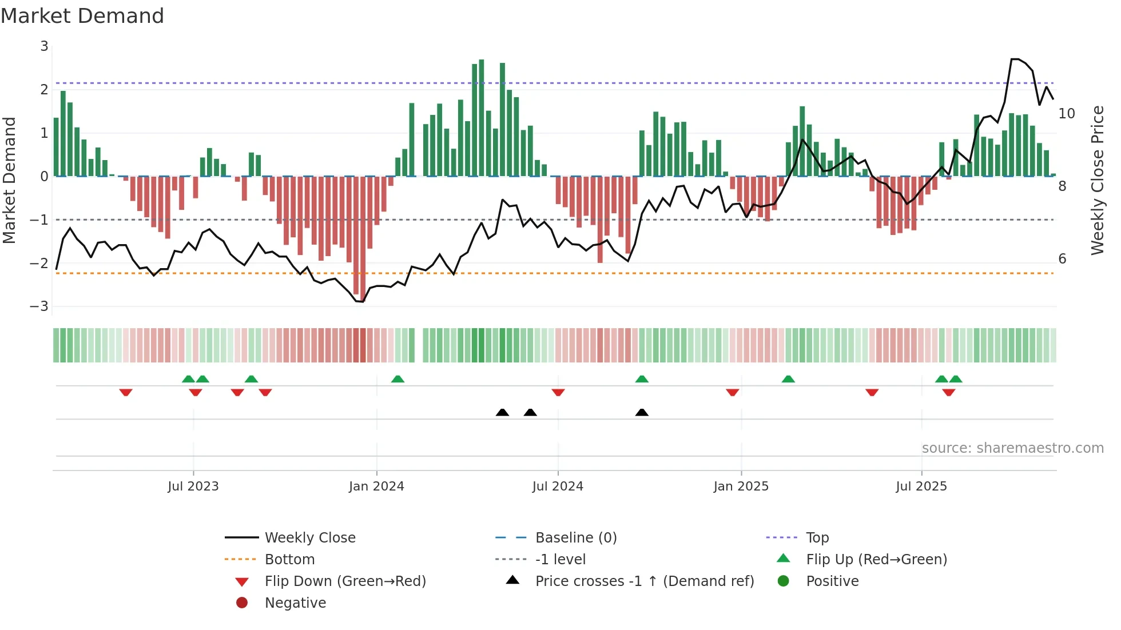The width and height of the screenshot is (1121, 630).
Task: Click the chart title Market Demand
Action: [x=82, y=16]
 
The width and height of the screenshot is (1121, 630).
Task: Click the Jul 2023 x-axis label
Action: [x=193, y=487]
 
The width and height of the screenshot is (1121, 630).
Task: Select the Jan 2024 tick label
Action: [x=376, y=487]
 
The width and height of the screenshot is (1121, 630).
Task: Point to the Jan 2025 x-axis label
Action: [x=741, y=487]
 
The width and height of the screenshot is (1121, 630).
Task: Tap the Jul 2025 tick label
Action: [x=921, y=487]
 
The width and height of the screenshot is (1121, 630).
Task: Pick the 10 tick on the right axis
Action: [x=1066, y=114]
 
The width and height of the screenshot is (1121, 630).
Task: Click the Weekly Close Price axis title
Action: [x=1097, y=180]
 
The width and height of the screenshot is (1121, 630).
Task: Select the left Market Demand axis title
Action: [x=10, y=180]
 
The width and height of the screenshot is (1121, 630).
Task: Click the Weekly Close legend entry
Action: [x=309, y=538]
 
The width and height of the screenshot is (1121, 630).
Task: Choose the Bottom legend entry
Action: [x=289, y=560]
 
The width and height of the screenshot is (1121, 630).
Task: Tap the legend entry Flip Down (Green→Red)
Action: [x=345, y=581]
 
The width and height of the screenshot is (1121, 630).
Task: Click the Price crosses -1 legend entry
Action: [x=644, y=581]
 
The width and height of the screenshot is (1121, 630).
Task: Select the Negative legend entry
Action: [x=295, y=603]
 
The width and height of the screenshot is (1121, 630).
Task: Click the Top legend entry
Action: [x=817, y=538]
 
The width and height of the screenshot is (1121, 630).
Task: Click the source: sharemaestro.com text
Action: [x=1012, y=448]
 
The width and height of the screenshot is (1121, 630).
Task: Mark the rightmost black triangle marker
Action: [x=642, y=413]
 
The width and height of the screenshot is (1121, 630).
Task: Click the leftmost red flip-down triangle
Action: [x=126, y=392]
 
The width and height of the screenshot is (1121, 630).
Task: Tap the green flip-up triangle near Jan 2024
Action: [x=397, y=379]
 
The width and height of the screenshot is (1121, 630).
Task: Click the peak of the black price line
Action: [x=1015, y=59]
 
